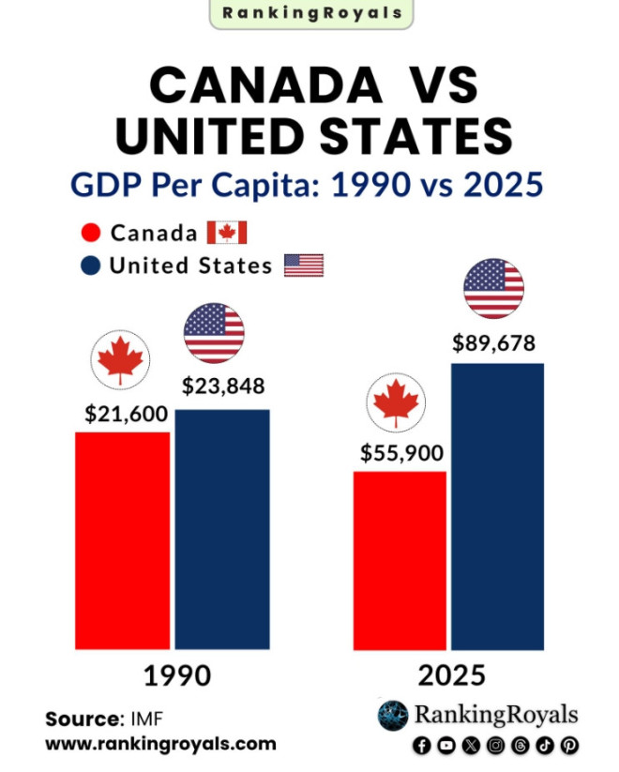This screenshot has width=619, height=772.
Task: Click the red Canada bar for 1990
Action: point(122,539)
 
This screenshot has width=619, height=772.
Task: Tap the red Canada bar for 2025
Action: point(400,560)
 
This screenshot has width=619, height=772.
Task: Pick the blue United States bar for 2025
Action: point(497,506)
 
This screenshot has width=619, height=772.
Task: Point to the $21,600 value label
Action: point(127,413)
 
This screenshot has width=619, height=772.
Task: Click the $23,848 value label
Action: point(223,386)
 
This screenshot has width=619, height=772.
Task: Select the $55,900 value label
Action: point(402,453)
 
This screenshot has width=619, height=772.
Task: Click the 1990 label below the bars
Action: point(176,676)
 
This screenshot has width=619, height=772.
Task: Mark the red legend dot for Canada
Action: point(91,234)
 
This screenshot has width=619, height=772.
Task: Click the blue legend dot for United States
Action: point(91,265)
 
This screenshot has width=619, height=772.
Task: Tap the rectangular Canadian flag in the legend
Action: point(226,233)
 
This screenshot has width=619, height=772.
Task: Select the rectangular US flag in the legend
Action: point(303,265)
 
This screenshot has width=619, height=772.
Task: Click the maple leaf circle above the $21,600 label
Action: point(121,361)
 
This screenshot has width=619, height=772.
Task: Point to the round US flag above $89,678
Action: point(494,288)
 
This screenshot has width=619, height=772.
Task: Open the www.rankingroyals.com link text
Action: point(160,744)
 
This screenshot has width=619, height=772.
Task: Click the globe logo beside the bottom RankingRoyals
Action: point(393,716)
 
